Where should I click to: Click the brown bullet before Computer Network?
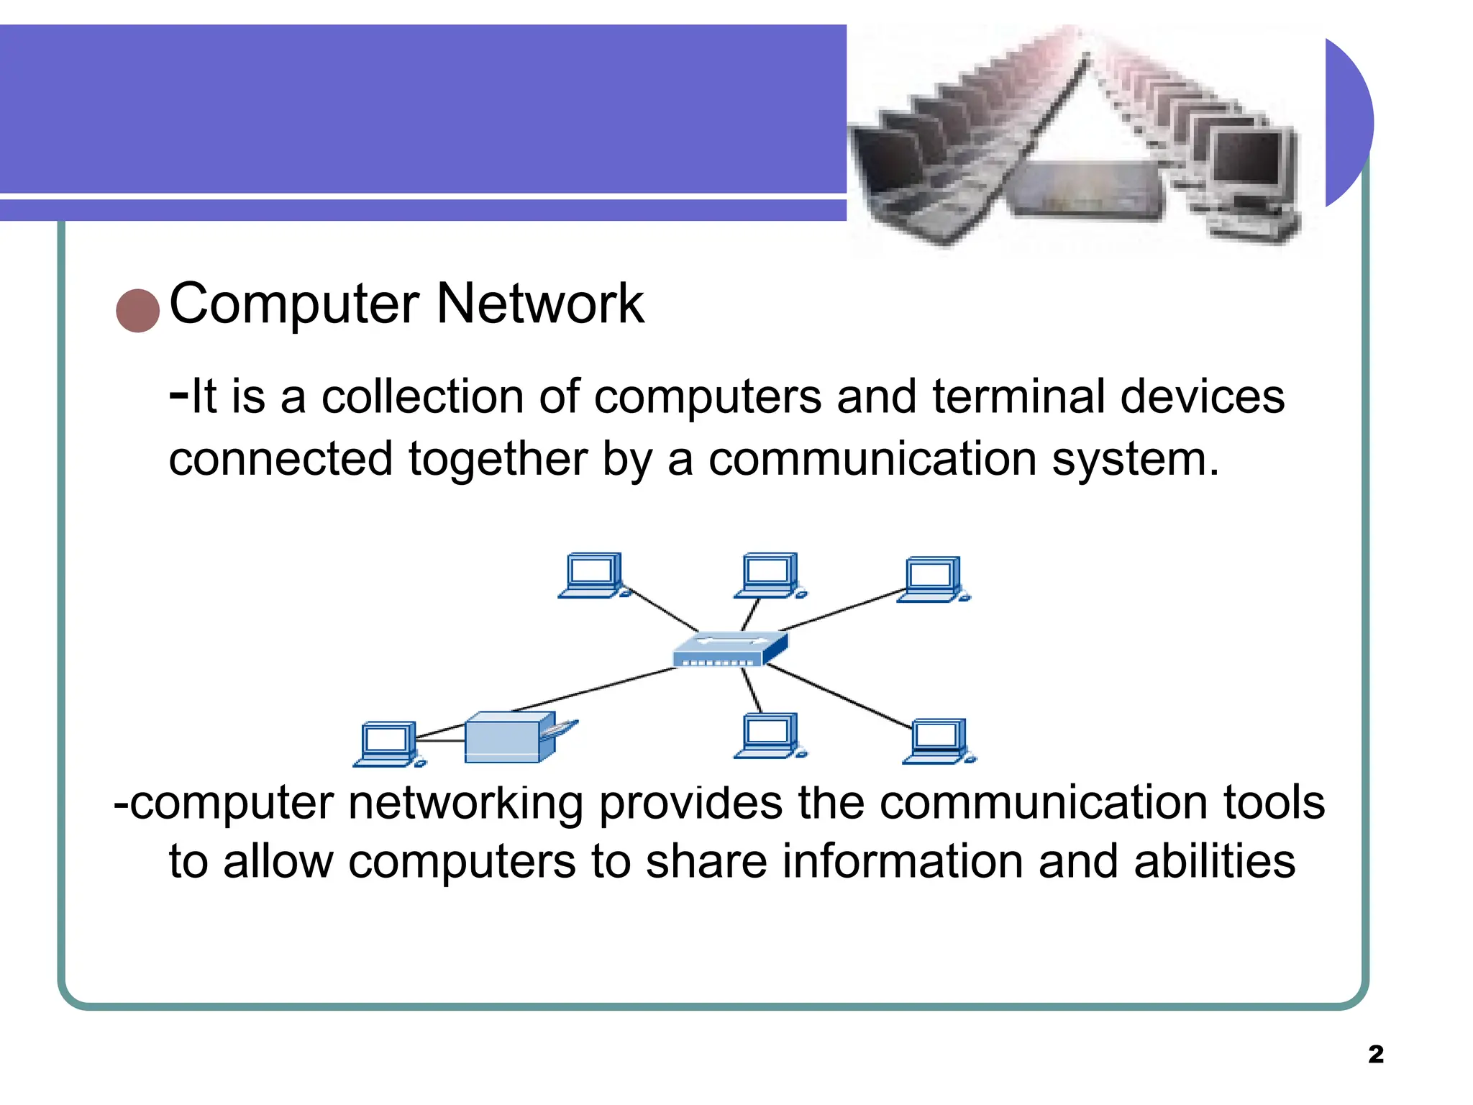[x=137, y=311]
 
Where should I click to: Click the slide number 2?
[x=1375, y=1054]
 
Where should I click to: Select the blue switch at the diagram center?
[x=728, y=649]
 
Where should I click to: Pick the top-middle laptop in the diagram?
[x=769, y=576]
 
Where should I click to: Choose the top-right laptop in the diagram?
[x=932, y=579]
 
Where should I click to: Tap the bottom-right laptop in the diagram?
[x=937, y=741]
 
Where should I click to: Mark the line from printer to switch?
[x=593, y=690]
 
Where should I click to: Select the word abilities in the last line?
[x=1214, y=862]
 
